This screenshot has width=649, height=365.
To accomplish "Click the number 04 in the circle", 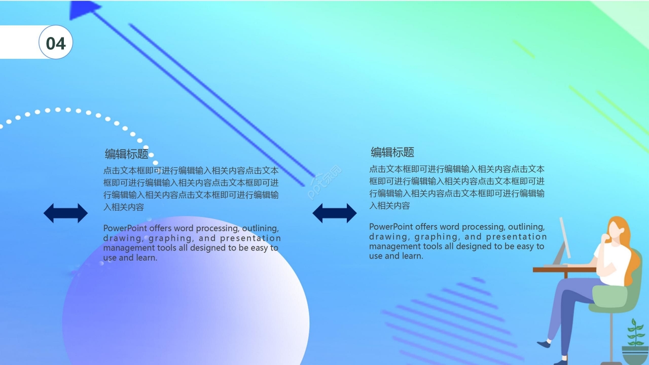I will pyautogui.click(x=56, y=44).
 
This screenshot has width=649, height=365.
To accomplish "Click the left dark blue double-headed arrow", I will pyautogui.click(x=65, y=213).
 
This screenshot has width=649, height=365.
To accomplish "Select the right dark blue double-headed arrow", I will pyautogui.click(x=334, y=213).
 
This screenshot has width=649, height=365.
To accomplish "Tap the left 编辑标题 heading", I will pyautogui.click(x=126, y=154).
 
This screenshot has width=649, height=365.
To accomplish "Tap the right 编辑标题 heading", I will pyautogui.click(x=392, y=152).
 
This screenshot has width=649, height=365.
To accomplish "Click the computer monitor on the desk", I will pyautogui.click(x=564, y=238).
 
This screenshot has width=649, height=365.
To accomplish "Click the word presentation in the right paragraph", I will pyautogui.click(x=516, y=237).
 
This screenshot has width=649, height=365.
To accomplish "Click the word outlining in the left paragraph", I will pyautogui.click(x=260, y=229).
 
